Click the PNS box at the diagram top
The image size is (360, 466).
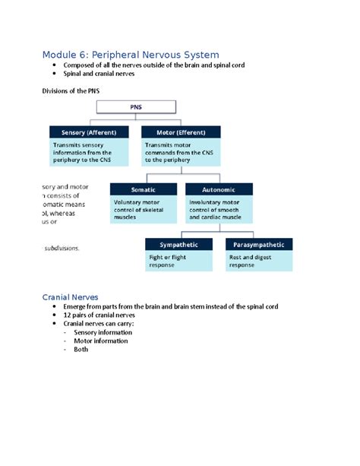pos(135,108)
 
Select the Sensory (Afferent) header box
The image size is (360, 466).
pos(84,132)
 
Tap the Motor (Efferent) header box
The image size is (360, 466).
pos(182,132)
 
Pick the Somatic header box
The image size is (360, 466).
pos(143,189)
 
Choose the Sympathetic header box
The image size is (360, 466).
pos(179,245)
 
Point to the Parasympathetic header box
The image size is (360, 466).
pos(259,245)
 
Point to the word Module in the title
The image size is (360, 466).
pos(64,54)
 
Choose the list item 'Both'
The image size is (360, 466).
pos(81,350)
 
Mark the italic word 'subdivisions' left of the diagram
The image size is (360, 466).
pos(61,248)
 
